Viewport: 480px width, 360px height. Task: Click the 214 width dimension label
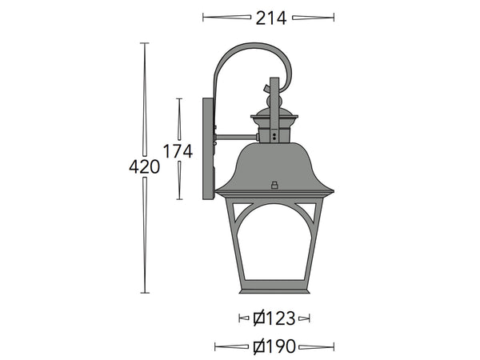click(x=270, y=18)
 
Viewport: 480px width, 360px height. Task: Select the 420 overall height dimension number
click(x=144, y=167)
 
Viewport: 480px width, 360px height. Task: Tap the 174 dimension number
click(x=178, y=150)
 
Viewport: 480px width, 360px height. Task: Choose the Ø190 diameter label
click(x=274, y=346)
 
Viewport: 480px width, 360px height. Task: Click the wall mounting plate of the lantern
click(x=209, y=148)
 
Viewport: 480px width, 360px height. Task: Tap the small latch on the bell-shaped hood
click(x=274, y=185)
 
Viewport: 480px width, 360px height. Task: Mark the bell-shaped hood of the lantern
click(x=274, y=168)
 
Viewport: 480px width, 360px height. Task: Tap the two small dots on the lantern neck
click(x=274, y=137)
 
